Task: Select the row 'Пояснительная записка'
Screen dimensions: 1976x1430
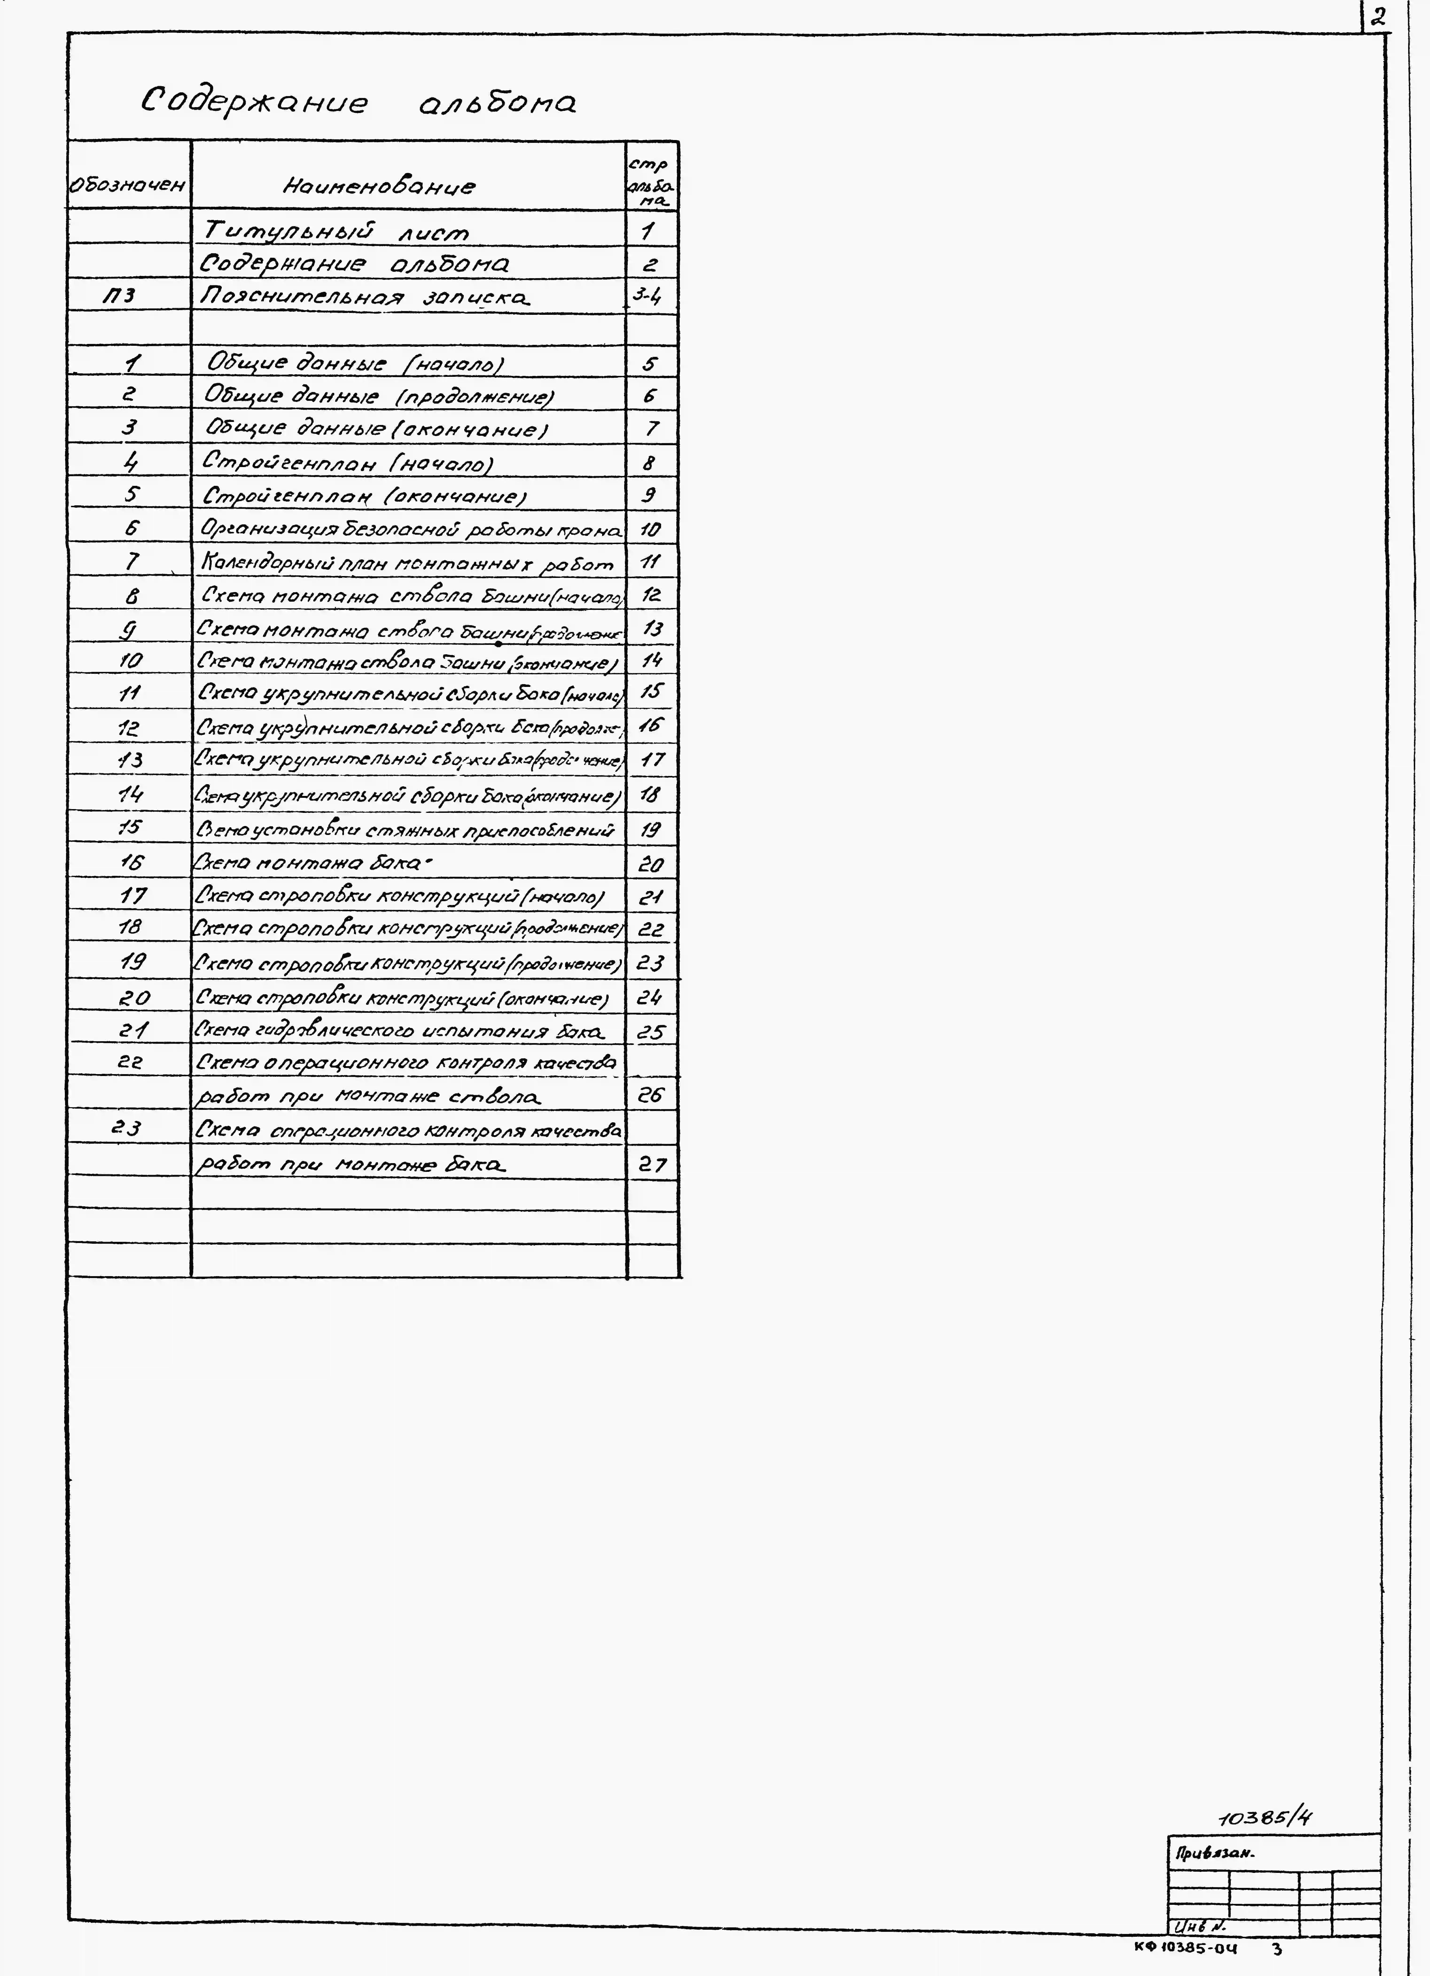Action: pyautogui.click(x=364, y=297)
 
